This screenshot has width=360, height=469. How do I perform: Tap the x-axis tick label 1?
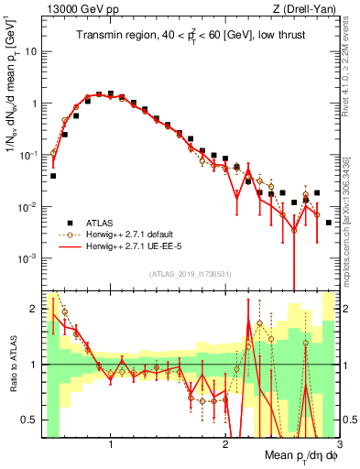[111, 445]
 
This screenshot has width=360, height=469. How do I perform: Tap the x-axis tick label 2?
[225, 445]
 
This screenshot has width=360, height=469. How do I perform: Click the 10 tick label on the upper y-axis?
[29, 51]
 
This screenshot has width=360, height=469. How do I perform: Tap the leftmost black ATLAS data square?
[53, 175]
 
